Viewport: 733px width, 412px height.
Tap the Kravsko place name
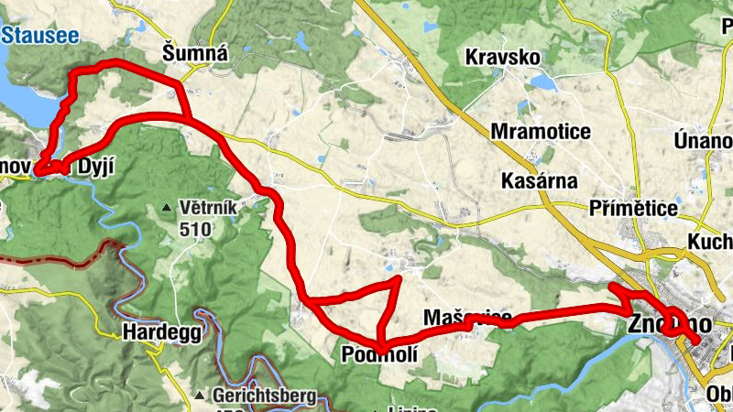click(x=503, y=57)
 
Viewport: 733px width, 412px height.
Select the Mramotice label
click(x=541, y=132)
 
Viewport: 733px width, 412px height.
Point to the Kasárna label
click(x=540, y=181)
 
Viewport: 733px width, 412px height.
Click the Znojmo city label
click(x=670, y=324)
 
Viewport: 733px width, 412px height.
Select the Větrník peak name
click(x=209, y=208)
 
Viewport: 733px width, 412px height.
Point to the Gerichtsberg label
click(x=264, y=396)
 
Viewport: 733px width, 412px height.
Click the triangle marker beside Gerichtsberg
click(x=199, y=396)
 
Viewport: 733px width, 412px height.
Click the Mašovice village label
click(x=468, y=318)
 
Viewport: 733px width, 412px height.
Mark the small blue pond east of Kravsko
click(x=542, y=82)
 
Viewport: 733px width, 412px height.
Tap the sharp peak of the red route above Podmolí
click(x=399, y=278)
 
